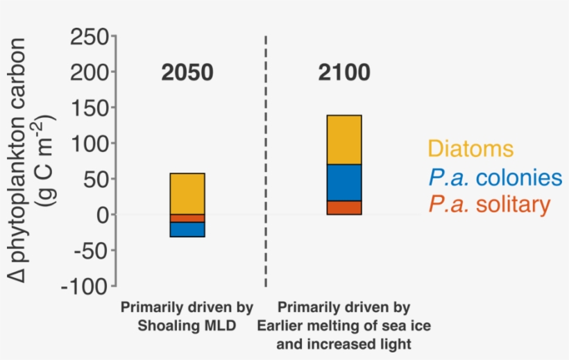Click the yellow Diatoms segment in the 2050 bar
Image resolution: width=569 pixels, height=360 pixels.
click(187, 194)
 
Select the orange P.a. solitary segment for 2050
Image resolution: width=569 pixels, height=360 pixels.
click(187, 218)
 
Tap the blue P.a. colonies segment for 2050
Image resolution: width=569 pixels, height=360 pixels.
click(187, 229)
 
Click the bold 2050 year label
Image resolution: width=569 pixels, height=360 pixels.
click(187, 73)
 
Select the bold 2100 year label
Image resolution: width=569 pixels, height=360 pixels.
click(344, 73)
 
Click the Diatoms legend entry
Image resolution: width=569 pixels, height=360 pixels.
click(470, 148)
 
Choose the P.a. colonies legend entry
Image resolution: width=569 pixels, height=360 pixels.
click(495, 177)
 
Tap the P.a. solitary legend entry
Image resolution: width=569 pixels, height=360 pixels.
click(489, 204)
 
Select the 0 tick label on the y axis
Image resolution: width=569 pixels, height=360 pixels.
click(101, 215)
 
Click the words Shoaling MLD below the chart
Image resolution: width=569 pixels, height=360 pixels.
click(187, 324)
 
